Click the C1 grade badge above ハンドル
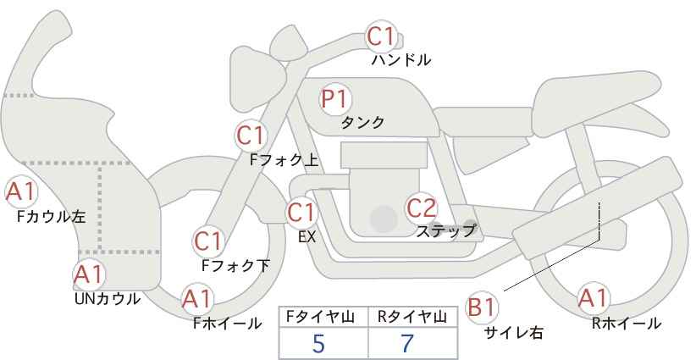pos(381,37)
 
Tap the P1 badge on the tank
pos(335,99)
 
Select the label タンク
pos(362,123)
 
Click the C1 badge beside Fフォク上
pos(251,135)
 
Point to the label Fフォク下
pos(235,265)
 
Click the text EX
pos(307,238)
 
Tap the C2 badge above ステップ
pos(422,207)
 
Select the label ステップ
pos(445,230)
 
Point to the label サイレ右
pos(513,333)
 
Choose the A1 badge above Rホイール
pos(593,299)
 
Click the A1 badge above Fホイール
pos(197,299)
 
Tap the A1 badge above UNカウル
pos(89,274)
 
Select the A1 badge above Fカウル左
pos(20,192)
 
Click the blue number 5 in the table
pos(318,343)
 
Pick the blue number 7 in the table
pos(406,343)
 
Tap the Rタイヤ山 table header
pos(412,317)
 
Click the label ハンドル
pos(401,60)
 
